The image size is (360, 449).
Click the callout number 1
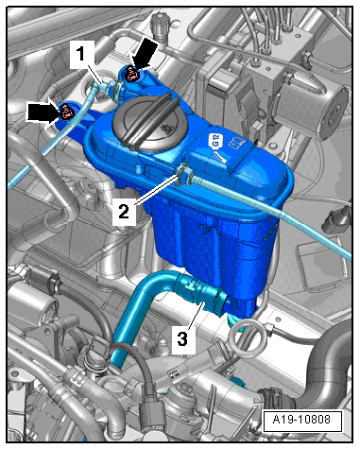[x=81, y=54]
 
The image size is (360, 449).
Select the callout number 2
[x=124, y=211]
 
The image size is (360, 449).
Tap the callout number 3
[x=182, y=339]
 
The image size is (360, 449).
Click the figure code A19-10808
[x=301, y=420]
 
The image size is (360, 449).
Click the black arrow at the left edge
[x=43, y=111]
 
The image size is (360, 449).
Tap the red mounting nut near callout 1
[x=131, y=74]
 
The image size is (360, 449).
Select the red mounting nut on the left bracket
[x=66, y=112]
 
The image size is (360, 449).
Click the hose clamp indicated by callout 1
[x=116, y=89]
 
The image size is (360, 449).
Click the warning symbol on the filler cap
[x=165, y=129]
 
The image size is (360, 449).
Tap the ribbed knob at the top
[x=160, y=27]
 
